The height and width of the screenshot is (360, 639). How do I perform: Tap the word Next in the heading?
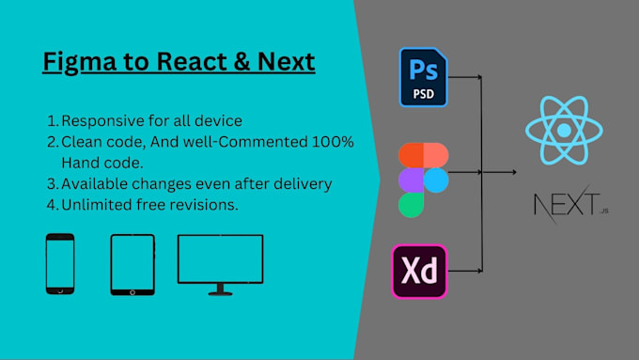(283, 63)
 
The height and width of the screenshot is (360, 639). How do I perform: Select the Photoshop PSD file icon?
(422, 77)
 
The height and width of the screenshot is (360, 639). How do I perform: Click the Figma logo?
(423, 179)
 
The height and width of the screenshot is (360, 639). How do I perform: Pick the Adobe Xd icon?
(420, 272)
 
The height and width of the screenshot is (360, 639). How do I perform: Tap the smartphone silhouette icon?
(60, 264)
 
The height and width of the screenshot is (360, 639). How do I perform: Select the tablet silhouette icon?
(132, 263)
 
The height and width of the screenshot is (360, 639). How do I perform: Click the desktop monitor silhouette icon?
(220, 261)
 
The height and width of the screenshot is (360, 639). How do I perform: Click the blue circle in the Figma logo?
(436, 179)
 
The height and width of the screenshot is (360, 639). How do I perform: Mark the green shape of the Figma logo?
(411, 203)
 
